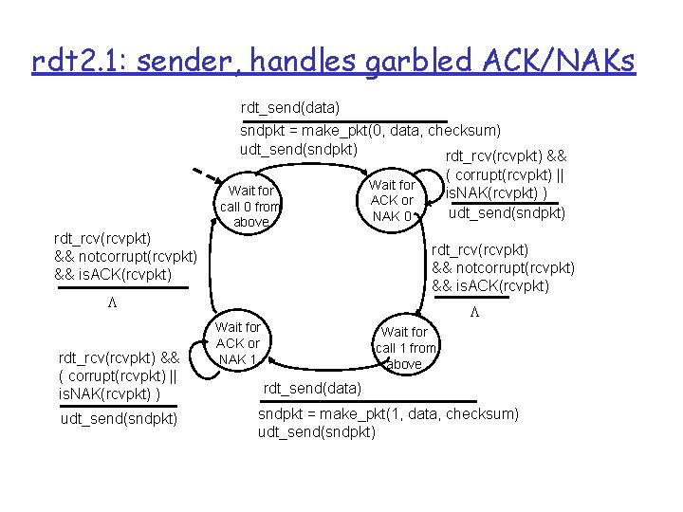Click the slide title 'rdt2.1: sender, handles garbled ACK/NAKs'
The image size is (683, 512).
click(334, 63)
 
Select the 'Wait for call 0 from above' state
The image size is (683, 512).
click(250, 206)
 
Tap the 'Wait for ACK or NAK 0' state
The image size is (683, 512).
click(392, 200)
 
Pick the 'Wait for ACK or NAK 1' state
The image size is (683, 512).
click(238, 343)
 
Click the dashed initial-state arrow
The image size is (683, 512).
click(202, 177)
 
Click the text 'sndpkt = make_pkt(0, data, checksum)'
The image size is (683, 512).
click(371, 130)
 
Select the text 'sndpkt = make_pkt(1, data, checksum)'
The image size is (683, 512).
click(389, 414)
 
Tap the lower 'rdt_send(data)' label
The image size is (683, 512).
click(311, 388)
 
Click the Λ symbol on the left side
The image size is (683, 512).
click(111, 302)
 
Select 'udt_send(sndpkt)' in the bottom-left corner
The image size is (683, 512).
click(119, 418)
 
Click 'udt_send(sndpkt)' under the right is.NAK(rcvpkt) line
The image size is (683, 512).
click(507, 212)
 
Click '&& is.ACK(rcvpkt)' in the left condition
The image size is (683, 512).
click(114, 275)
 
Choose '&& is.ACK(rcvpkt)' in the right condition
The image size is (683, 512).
click(490, 286)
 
